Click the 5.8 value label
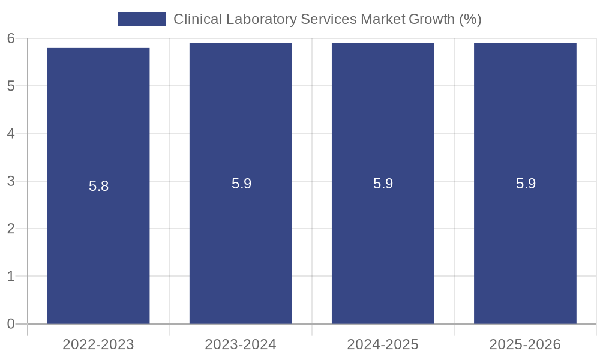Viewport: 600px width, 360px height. [98, 186]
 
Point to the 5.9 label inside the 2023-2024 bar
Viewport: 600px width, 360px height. [241, 184]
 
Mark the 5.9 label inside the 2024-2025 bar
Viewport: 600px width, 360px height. [383, 184]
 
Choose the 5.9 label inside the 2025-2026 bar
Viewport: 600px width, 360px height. [526, 184]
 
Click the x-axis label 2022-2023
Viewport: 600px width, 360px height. [98, 344]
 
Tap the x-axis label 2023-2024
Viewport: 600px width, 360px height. [241, 344]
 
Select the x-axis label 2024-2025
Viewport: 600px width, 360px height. [383, 344]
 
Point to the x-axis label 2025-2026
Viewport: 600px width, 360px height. [525, 344]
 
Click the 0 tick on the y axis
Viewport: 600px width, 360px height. [11, 324]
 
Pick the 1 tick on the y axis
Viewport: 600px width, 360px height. [11, 277]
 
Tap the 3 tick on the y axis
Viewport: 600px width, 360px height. [11, 181]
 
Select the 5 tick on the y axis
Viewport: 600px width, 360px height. [11, 86]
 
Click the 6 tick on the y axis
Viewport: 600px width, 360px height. [11, 38]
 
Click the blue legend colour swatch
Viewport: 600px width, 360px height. [142, 19]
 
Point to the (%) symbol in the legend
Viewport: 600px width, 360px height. [470, 19]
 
